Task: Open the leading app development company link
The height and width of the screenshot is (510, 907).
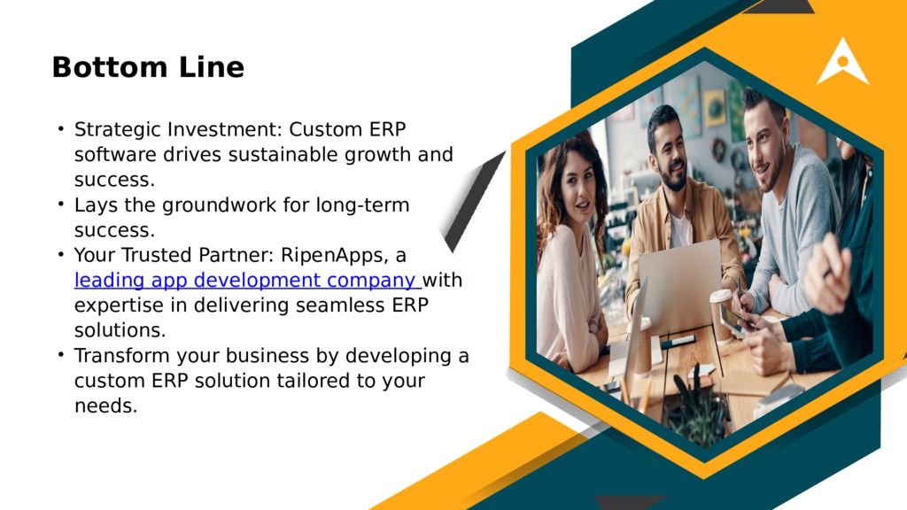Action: (x=246, y=281)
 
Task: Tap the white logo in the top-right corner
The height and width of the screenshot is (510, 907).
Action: (x=842, y=63)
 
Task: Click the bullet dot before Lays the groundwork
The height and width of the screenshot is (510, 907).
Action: (x=61, y=205)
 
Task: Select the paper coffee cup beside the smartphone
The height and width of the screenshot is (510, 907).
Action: (x=722, y=314)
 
